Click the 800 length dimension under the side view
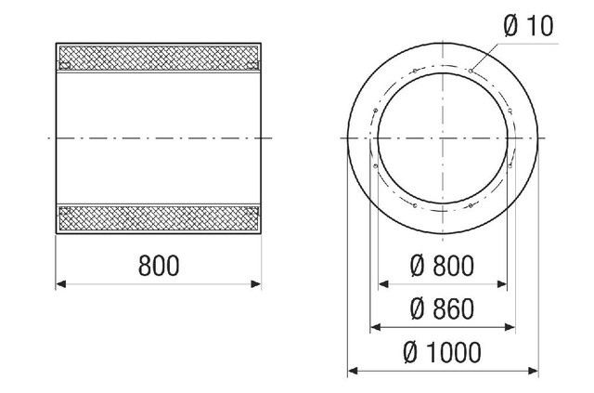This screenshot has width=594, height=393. (158, 265)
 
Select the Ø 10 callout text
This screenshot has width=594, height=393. (529, 26)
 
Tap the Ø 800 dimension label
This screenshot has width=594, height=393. (442, 267)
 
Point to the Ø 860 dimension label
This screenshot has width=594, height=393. (442, 309)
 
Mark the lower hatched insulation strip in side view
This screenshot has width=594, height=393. (159, 218)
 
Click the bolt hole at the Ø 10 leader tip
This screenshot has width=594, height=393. (471, 70)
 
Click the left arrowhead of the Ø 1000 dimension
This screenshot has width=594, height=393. (351, 370)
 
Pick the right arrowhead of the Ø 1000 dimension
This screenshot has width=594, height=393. (535, 370)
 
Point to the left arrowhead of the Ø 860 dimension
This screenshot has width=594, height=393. (374, 326)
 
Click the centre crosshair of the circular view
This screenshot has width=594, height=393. (443, 137)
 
